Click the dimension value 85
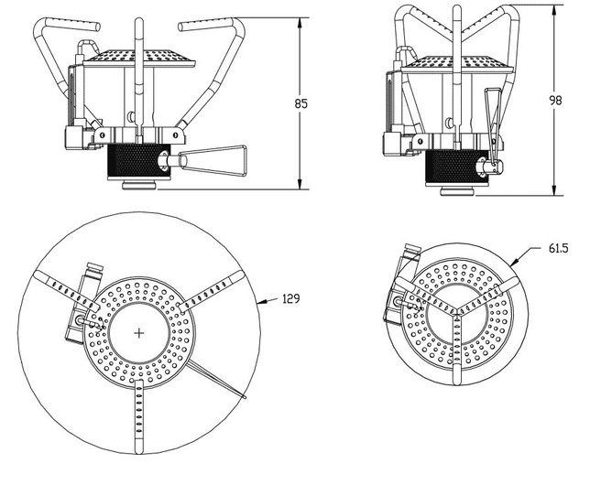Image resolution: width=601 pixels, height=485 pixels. (300, 104)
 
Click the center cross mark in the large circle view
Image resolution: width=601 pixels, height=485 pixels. (138, 332)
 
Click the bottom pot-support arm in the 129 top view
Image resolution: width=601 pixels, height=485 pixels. (137, 416)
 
